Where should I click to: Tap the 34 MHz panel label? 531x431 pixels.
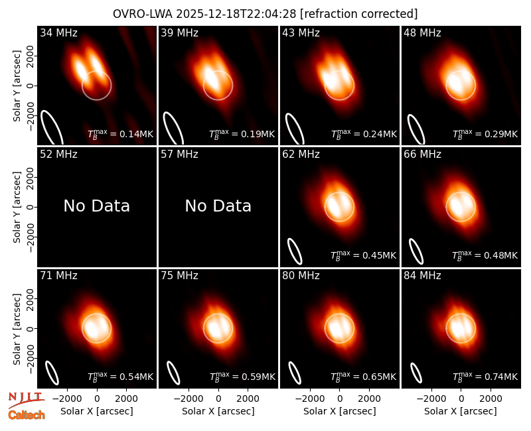pos(58,32)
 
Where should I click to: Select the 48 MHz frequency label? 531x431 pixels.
pos(422,32)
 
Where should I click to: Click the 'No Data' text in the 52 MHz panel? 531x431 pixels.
pos(97,206)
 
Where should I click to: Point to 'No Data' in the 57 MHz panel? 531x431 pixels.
pos(218,206)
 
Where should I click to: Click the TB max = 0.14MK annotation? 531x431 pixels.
pos(121,133)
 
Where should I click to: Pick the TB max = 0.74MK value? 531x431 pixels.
pos(485,376)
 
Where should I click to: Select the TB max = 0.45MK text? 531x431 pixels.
pos(363,255)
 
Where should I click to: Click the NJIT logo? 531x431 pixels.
pos(26,399)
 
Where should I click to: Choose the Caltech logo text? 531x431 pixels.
pos(27,415)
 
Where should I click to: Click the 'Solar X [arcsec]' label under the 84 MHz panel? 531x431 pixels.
pos(461,411)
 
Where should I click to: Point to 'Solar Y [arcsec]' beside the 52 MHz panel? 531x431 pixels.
pos(17,207)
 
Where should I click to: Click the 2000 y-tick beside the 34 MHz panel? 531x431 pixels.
pos(30,56)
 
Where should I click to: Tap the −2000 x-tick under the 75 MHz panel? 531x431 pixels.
pos(189,399)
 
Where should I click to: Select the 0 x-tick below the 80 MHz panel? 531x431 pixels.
pos(340,399)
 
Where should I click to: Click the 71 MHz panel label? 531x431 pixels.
pos(58,276)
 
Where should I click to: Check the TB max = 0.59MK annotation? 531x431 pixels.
pos(242,376)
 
